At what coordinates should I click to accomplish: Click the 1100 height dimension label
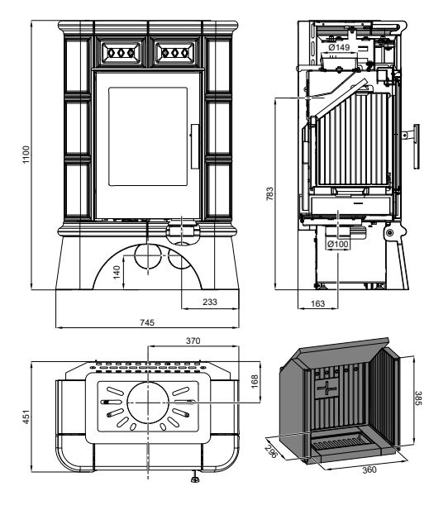[26, 155]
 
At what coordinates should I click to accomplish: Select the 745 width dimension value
[147, 322]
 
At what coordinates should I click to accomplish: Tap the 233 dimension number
[210, 302]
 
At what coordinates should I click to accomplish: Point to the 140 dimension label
[117, 272]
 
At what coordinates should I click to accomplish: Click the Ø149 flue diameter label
[339, 47]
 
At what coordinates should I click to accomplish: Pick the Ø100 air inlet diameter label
[337, 244]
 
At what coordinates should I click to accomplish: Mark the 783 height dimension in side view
[270, 193]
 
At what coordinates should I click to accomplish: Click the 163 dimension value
[317, 303]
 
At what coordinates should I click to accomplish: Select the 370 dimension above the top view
[193, 341]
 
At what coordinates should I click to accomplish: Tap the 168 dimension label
[255, 381]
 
